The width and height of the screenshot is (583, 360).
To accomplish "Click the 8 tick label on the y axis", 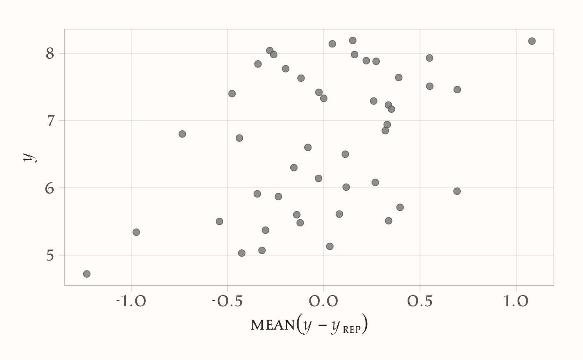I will tap(50, 54).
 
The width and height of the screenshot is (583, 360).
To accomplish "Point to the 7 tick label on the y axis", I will tap(50, 121).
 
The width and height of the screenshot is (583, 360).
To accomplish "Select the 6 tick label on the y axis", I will tap(50, 188).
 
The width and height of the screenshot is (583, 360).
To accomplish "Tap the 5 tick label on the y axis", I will tap(50, 256).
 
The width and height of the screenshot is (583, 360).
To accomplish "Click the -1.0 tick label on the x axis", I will tap(131, 301).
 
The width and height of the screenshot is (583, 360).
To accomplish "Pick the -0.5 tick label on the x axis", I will tap(227, 301).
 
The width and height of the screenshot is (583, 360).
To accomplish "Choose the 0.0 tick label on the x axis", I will tap(324, 301).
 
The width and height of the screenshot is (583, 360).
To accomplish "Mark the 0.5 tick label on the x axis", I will tap(420, 301).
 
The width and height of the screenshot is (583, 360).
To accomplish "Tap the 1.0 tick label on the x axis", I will tap(516, 301).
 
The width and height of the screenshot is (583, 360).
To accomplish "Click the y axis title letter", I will tap(29, 157).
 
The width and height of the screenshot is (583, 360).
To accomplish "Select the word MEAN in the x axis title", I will tap(272, 325).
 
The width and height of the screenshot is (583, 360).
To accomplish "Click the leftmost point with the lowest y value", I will tap(87, 274).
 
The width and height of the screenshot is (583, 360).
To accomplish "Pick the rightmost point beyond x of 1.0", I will tap(532, 41).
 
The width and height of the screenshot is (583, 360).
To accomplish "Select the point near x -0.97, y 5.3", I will tap(136, 232).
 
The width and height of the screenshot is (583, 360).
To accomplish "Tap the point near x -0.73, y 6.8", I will tap(182, 134).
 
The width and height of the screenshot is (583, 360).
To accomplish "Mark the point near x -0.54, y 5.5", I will tap(219, 221).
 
